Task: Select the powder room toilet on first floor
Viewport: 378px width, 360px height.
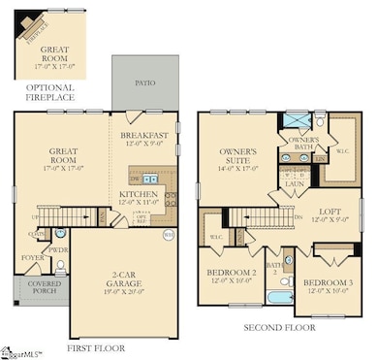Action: (x=61, y=234)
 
